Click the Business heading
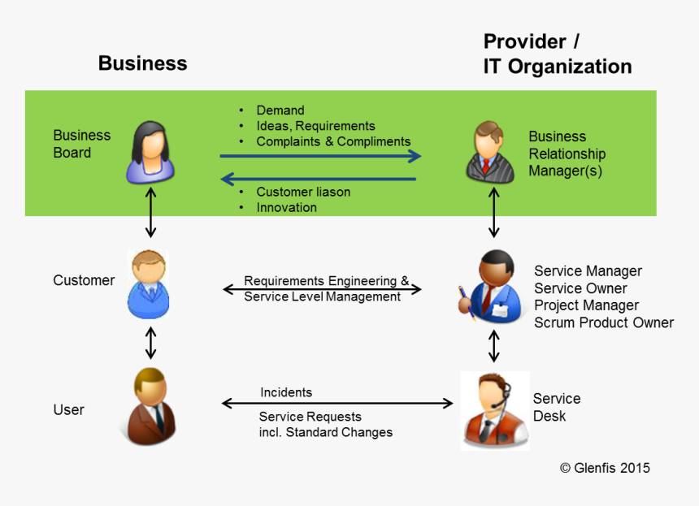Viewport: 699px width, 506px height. pyautogui.click(x=142, y=63)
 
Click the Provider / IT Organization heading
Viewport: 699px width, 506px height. pyautogui.click(x=557, y=54)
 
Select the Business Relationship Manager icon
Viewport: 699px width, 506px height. pyautogui.click(x=491, y=151)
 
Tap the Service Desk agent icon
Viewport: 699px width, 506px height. pyautogui.click(x=493, y=410)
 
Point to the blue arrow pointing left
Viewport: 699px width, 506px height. pyautogui.click(x=319, y=179)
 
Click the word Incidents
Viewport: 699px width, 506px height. pyautogui.click(x=286, y=392)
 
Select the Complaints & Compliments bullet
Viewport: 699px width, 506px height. pyautogui.click(x=333, y=141)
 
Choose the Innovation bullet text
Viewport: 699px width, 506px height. pyautogui.click(x=286, y=207)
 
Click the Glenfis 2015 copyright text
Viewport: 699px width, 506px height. pyautogui.click(x=605, y=468)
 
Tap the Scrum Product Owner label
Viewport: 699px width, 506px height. pyautogui.click(x=603, y=322)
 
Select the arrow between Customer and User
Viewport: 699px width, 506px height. pyautogui.click(x=150, y=342)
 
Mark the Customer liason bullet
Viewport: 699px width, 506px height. pyautogui.click(x=303, y=192)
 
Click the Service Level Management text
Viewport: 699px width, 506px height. pyautogui.click(x=323, y=296)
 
